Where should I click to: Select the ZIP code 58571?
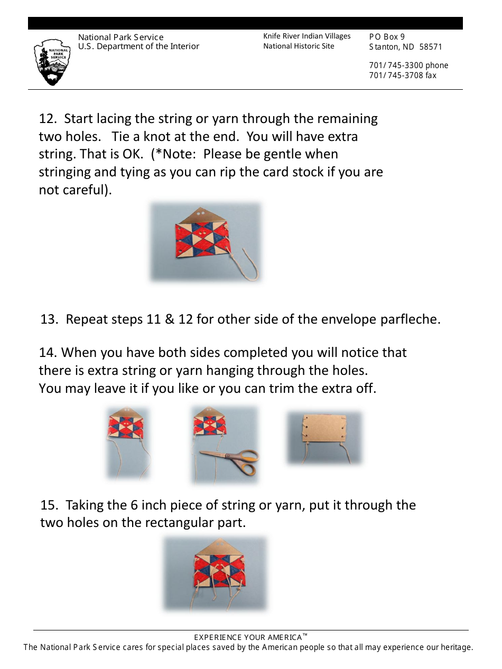[x=431, y=47]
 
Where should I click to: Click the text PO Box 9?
[x=387, y=37]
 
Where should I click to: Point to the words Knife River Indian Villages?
[x=307, y=36]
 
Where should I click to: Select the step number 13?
[x=49, y=319]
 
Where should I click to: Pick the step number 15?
[x=49, y=505]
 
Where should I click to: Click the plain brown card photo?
[x=324, y=438]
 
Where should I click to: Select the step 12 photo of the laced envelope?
[x=206, y=242]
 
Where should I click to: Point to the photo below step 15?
[x=215, y=573]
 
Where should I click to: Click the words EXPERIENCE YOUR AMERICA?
[x=248, y=638]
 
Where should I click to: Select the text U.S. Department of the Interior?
[x=138, y=46]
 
